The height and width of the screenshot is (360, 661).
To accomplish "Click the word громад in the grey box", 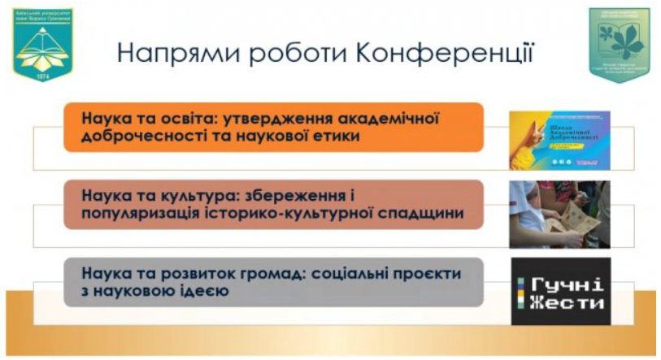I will click(x=245, y=273).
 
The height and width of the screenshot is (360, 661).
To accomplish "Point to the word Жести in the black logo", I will click(x=568, y=303).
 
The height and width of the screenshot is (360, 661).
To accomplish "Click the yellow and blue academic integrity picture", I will click(x=559, y=140).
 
